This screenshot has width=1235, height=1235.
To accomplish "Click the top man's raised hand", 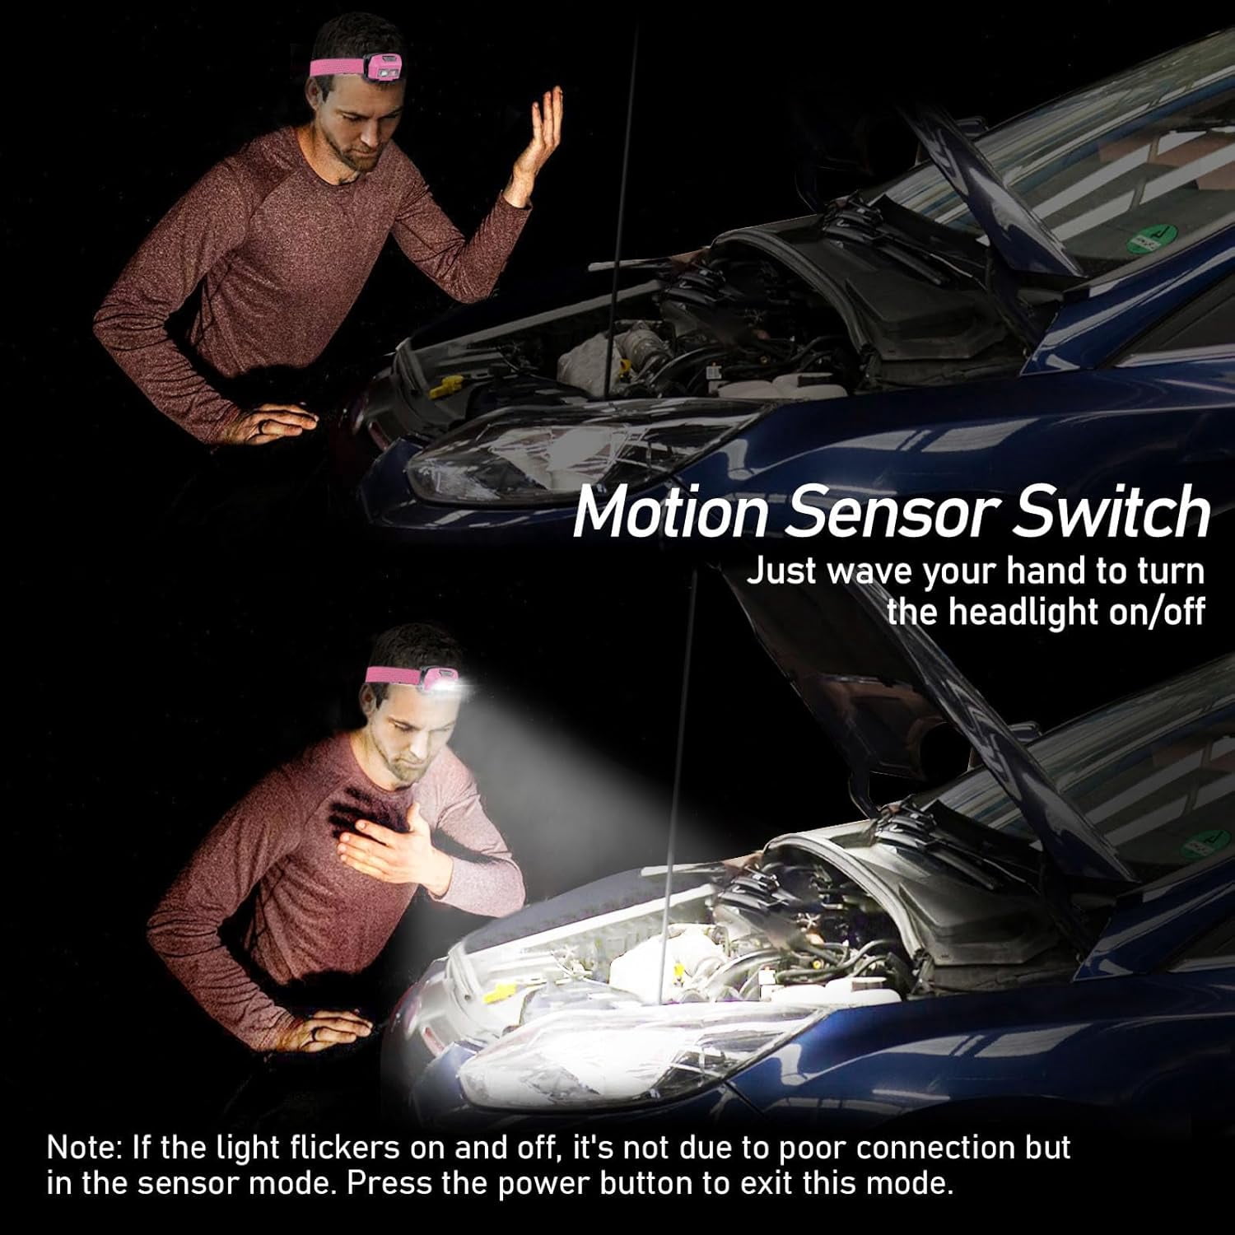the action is coord(536,132).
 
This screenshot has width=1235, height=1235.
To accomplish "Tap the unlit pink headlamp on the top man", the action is coord(381,67).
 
